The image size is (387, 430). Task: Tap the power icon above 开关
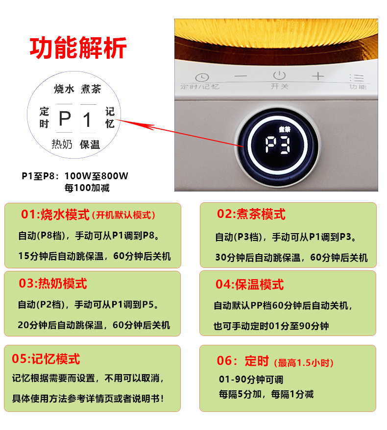click(279, 76)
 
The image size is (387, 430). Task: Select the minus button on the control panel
click(241, 76)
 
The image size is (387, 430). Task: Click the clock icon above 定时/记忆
click(202, 77)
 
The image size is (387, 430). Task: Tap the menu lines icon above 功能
click(358, 77)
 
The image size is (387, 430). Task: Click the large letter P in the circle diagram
click(65, 119)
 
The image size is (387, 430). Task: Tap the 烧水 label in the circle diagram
click(64, 89)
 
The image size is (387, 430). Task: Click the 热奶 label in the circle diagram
click(62, 144)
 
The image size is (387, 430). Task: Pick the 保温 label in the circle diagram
click(90, 144)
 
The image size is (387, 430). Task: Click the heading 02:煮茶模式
click(251, 214)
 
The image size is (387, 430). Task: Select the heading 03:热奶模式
click(53, 283)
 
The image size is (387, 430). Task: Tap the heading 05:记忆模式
click(46, 359)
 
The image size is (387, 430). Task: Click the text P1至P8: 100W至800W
click(75, 176)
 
